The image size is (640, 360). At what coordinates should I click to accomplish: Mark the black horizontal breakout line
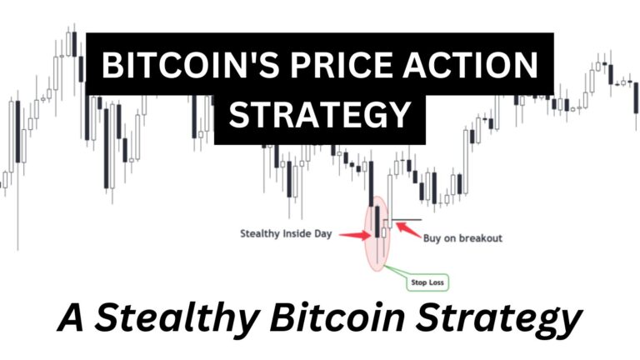pos(407,220)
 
